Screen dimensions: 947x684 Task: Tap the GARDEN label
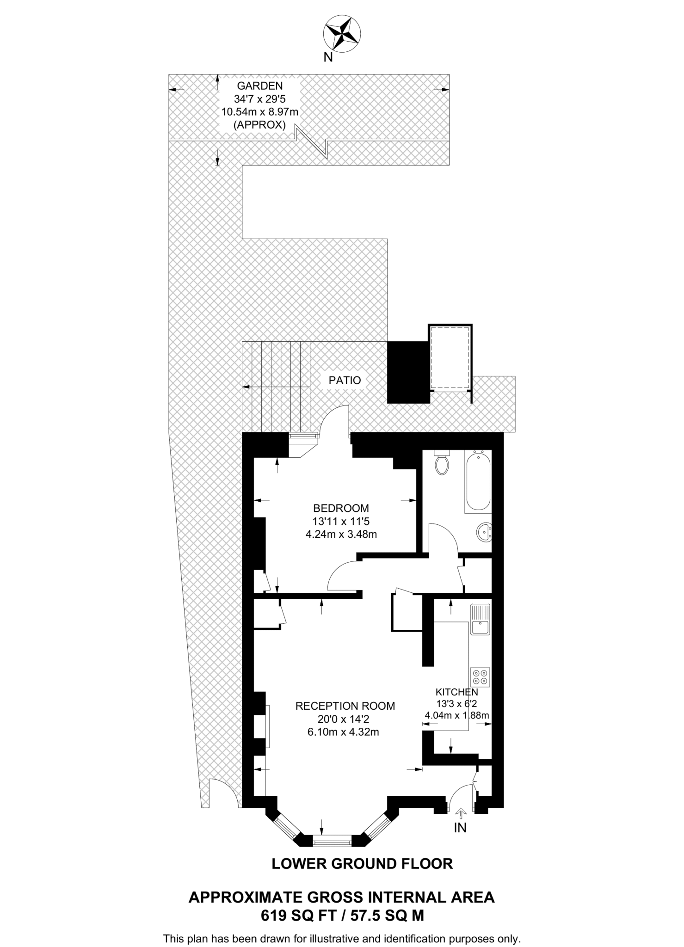pos(259,86)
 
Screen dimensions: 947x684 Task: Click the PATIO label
pos(345,381)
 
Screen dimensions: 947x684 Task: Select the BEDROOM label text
pos(341,508)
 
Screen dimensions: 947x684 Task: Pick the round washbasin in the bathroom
pos(484,532)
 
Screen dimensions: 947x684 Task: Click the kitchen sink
pos(480,620)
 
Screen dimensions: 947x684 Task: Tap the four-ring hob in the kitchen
pos(480,677)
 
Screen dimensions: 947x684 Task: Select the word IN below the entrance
pos(460,828)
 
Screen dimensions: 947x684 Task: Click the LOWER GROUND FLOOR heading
pos(362,864)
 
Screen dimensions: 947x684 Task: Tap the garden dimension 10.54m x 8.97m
pos(259,111)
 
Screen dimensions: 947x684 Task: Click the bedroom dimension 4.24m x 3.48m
pos(341,535)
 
